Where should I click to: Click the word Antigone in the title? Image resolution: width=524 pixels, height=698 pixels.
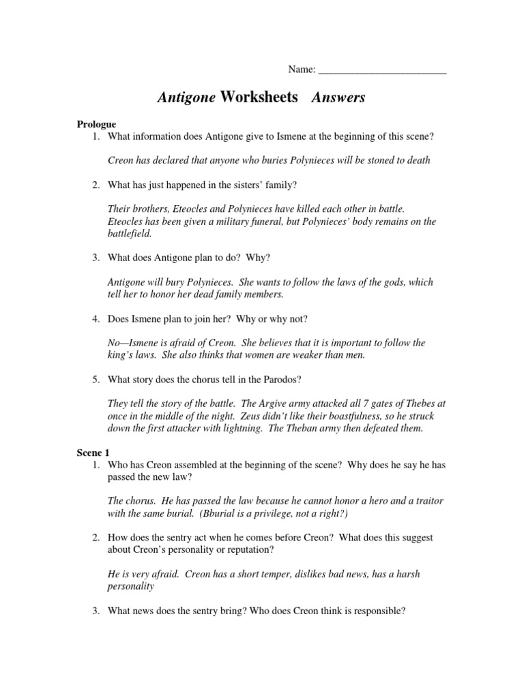[x=186, y=97]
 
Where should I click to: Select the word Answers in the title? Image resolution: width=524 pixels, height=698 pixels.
[x=338, y=97]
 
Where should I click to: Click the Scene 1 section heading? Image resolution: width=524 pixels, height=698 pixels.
[x=92, y=453]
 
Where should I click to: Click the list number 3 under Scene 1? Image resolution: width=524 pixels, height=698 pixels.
[x=97, y=611]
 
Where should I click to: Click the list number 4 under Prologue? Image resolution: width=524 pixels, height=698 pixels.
[x=97, y=318]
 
